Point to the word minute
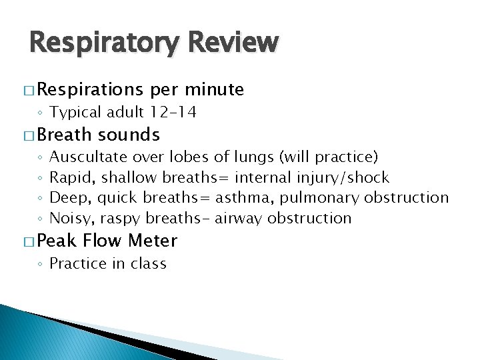click(x=215, y=89)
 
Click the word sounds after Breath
click(x=129, y=135)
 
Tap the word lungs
click(x=254, y=157)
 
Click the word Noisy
click(x=71, y=218)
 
